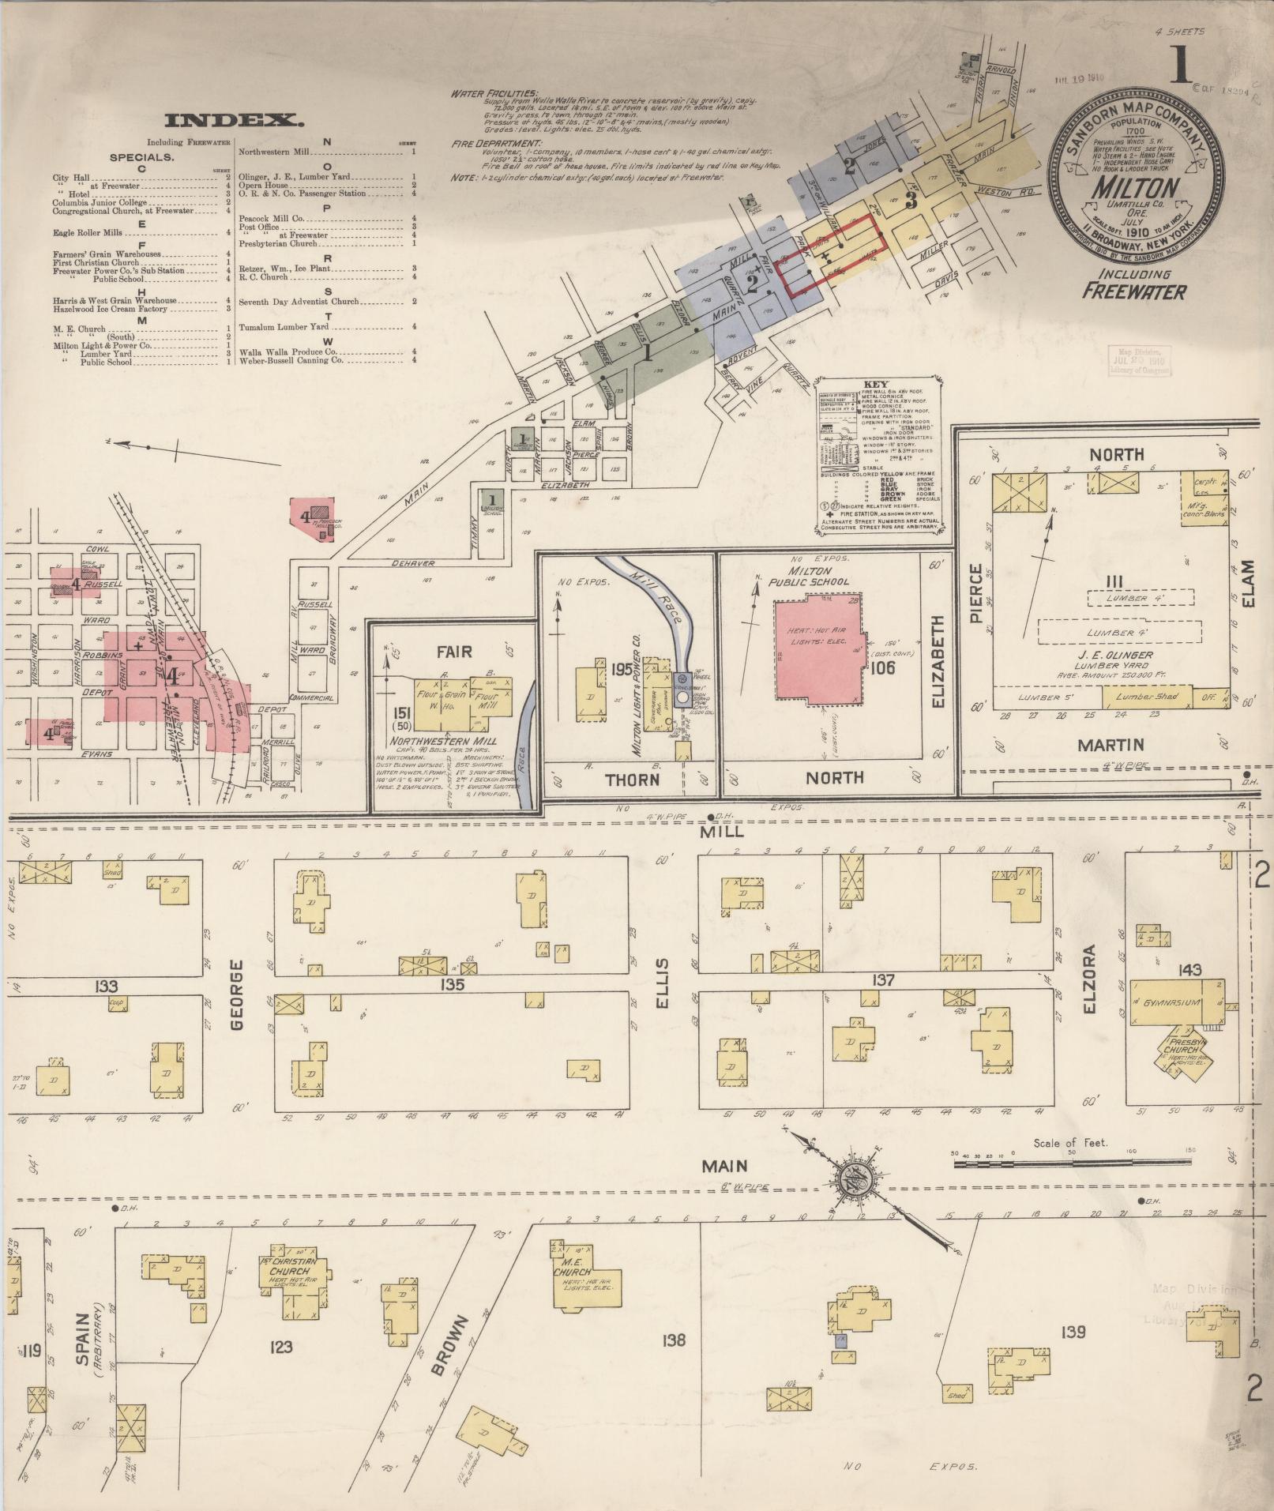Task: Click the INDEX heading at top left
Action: pos(235,121)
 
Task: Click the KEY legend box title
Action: pos(876,384)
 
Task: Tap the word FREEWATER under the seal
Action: pos(1133,291)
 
